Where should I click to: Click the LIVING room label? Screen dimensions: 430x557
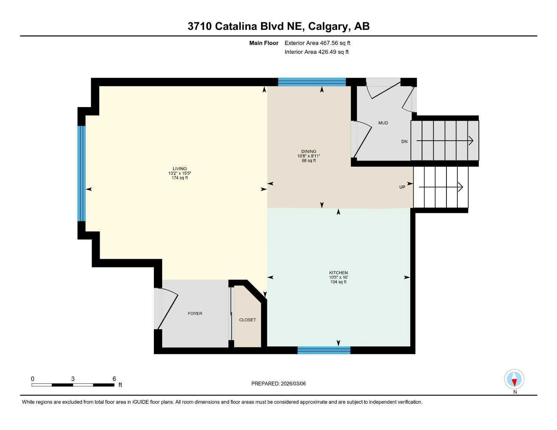pos(180,169)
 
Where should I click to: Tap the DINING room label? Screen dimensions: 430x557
pos(309,152)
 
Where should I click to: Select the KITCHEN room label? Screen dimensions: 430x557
pos(338,273)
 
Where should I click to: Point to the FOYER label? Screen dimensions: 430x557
pos(195,314)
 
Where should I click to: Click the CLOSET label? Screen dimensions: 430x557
pos(248,320)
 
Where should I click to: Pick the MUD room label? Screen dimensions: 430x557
pos(383,123)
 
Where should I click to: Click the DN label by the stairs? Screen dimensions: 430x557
pos(404,142)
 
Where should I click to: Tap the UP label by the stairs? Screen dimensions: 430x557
pos(402,187)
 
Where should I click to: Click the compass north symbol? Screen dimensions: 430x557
pos(514,380)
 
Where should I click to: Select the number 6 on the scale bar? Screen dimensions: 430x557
pos(114,379)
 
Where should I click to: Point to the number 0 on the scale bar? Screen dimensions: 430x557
pos(33,379)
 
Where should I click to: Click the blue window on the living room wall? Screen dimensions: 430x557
pos(82,173)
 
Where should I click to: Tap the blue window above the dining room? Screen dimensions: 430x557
pos(312,82)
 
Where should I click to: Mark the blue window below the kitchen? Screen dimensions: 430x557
pos(324,350)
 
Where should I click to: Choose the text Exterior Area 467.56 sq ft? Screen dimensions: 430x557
pos(317,43)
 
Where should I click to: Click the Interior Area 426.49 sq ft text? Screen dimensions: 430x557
pos(317,52)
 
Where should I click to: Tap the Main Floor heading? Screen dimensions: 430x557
pos(264,43)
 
